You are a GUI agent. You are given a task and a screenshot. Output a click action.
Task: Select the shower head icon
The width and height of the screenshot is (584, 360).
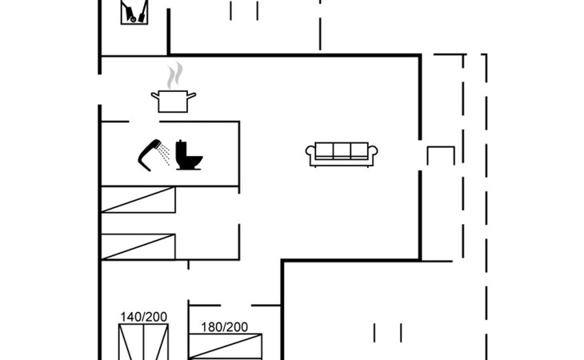coord(147,154)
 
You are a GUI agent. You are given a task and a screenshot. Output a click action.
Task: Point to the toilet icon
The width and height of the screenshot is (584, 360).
coord(190,154)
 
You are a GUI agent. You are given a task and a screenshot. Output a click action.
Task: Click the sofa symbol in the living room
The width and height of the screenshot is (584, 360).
coord(342,154)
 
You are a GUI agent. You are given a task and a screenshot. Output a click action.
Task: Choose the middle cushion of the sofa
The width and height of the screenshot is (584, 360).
coord(342,150)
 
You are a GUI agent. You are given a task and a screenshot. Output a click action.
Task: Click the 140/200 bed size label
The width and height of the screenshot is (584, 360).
coord(144,317)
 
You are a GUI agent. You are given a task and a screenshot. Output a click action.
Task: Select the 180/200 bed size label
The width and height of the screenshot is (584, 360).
coord(224,326)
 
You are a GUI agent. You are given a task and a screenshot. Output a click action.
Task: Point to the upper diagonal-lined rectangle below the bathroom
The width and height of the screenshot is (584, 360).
coord(138,200)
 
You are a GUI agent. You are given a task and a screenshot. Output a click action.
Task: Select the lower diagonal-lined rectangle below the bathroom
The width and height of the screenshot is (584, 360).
coord(138,246)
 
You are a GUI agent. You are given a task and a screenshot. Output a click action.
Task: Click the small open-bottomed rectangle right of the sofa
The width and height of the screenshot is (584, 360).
coord(440,155)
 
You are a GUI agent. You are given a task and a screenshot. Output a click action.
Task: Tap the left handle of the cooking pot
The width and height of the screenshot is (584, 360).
coord(154,96)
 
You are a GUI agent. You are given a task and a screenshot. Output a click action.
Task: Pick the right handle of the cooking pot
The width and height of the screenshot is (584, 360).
coord(193,96)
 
